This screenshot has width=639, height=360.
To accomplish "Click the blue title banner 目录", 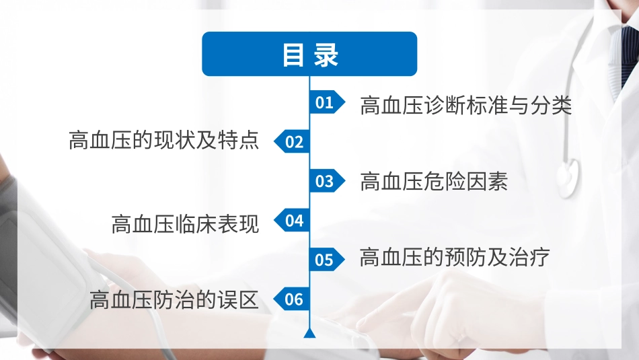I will pos(309,54).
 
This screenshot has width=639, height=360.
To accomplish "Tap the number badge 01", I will pos(326,102).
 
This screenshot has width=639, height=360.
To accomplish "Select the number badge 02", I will pos(293,142).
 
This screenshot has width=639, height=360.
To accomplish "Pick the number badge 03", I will pos(326,181).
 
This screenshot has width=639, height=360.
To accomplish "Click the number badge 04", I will pos(293,221).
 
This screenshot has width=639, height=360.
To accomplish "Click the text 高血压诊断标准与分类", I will pos(466,105).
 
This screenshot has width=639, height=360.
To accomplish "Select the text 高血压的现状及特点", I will pos(163,140).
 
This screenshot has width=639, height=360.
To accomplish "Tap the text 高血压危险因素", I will pos(434,181).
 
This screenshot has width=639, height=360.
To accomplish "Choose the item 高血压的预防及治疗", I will pos(455,258).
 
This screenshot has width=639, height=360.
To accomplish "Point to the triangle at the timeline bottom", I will pos(309,333).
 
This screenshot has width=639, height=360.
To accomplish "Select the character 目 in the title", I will pos(293,55).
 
